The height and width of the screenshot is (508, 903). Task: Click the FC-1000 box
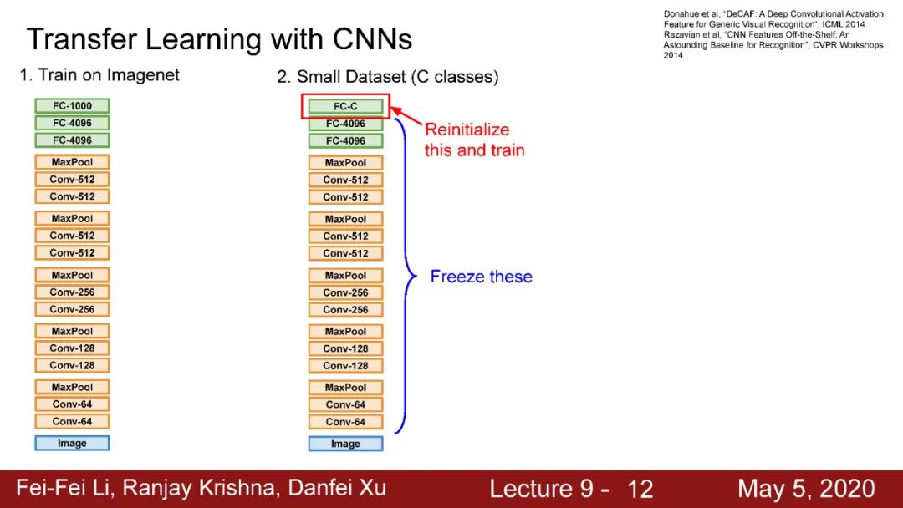tap(72, 106)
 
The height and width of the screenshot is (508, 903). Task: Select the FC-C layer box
tap(345, 107)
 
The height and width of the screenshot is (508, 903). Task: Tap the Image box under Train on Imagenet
tap(72, 443)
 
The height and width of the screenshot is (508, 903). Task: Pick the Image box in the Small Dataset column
tap(345, 444)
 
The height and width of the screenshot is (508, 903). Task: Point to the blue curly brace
tap(406, 276)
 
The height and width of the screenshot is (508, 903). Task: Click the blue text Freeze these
tap(481, 277)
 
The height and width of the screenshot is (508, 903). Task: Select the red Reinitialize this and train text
tap(474, 140)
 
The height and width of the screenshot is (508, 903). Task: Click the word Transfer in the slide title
tap(79, 39)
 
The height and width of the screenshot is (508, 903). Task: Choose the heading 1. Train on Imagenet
tap(99, 75)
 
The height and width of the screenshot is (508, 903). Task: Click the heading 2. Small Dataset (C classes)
tap(388, 77)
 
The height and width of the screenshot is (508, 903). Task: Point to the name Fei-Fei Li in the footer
tap(64, 488)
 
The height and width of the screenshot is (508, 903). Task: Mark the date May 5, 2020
tap(806, 489)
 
